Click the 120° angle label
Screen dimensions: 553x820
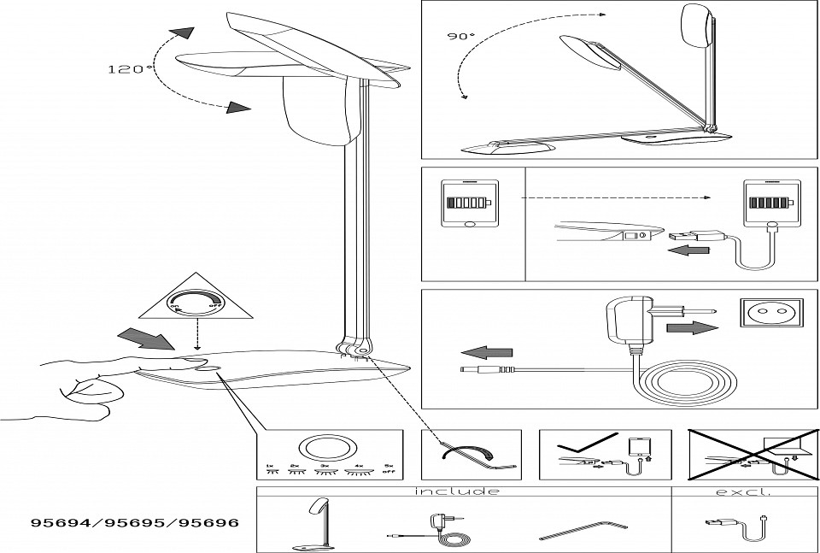tap(131, 69)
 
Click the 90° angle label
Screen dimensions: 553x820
tap(460, 37)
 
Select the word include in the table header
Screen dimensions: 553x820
tap(457, 491)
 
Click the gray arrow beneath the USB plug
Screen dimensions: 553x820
tap(691, 250)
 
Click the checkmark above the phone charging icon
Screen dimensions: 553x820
tap(583, 445)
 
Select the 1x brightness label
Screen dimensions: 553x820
tap(270, 468)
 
